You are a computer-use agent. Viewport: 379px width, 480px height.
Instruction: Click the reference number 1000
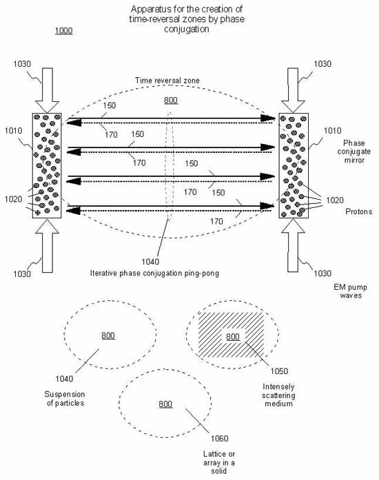click(x=63, y=30)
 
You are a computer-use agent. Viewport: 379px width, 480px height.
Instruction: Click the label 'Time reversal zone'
click(x=167, y=81)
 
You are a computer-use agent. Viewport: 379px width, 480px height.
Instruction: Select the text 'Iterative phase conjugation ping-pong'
click(x=154, y=273)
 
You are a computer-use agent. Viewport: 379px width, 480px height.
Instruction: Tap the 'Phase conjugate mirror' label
click(x=354, y=152)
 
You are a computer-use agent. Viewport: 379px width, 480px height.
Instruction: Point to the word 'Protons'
click(x=359, y=211)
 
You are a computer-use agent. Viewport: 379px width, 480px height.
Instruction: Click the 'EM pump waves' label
click(x=351, y=291)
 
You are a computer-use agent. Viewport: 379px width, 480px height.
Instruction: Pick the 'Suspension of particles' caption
click(x=65, y=399)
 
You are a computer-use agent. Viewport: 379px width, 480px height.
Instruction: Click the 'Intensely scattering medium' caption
click(x=278, y=395)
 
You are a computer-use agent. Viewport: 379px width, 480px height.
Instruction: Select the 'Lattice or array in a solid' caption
click(x=218, y=462)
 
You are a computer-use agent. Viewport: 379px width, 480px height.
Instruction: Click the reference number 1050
click(x=279, y=371)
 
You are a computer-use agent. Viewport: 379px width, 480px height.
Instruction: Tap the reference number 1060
click(x=219, y=439)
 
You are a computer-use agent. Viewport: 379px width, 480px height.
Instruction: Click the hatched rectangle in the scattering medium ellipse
click(x=231, y=335)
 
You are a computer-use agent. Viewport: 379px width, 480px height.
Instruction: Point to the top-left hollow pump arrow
click(x=47, y=90)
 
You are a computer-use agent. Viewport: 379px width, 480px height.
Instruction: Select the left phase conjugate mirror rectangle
click(x=47, y=165)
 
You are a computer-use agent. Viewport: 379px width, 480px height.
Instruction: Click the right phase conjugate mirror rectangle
click(x=294, y=165)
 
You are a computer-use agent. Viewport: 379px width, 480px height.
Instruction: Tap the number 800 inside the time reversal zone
click(x=171, y=101)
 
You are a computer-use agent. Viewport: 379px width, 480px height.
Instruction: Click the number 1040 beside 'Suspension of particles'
click(x=64, y=379)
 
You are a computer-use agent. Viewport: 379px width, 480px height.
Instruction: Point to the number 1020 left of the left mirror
click(x=14, y=199)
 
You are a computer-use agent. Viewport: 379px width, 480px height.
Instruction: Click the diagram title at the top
click(x=187, y=19)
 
